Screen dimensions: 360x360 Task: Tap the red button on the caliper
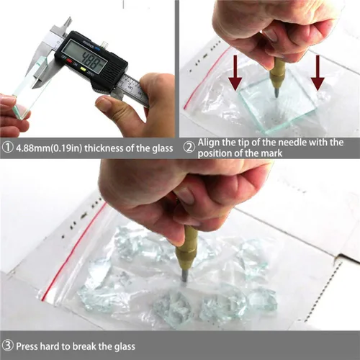coord(69,61)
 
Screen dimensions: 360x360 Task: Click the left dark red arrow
coord(235,73)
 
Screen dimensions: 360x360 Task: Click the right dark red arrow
coord(318,73)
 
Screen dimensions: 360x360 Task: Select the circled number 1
coord(8,148)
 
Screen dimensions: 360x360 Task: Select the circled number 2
coord(189,148)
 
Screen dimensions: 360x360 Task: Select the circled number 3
coord(8,346)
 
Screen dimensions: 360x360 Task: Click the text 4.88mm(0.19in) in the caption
coord(49,148)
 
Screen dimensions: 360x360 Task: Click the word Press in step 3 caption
coord(27,346)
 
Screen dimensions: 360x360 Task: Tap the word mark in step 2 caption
coord(271,153)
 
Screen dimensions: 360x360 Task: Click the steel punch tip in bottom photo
coord(184,276)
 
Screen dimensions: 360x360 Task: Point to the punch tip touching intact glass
coord(276,91)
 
